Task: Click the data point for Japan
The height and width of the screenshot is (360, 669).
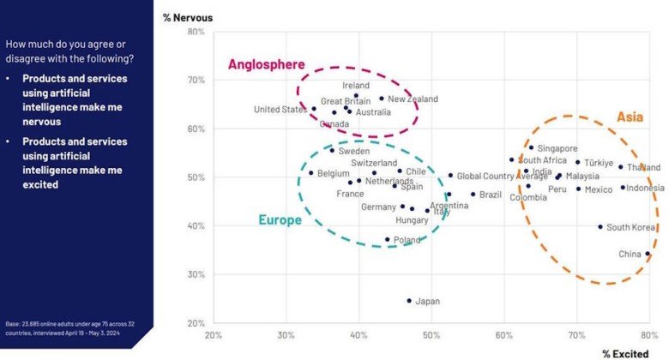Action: (409, 301)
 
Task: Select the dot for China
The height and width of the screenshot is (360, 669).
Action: (648, 255)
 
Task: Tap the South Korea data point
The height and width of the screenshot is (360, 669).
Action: (600, 227)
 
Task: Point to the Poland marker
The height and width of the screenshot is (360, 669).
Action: (387, 240)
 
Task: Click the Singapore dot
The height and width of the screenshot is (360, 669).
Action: (531, 148)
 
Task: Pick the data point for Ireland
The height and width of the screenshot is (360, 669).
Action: (356, 96)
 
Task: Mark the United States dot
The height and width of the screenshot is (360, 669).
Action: (314, 109)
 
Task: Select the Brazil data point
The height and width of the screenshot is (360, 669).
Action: (473, 195)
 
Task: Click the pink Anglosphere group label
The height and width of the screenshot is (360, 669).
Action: (266, 64)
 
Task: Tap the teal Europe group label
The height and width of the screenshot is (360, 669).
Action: (280, 220)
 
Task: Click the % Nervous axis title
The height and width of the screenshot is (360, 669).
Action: (188, 17)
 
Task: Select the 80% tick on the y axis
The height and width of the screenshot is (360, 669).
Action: (196, 33)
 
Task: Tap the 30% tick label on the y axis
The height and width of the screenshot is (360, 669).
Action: (196, 275)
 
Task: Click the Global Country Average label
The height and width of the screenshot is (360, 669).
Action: (502, 177)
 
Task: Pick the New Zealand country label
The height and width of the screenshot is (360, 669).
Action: (413, 99)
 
